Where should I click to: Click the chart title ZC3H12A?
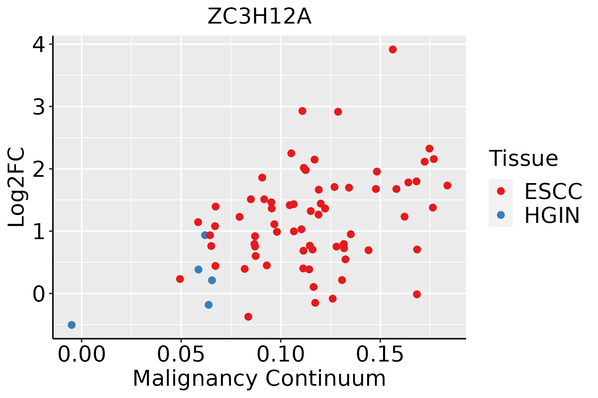[259, 17]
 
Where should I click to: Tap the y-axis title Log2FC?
[17, 187]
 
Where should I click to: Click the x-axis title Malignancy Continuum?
[259, 379]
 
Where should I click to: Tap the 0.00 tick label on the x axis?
[81, 355]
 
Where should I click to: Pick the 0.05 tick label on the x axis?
[181, 355]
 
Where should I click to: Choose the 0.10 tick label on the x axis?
[281, 355]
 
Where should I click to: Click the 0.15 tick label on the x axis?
[380, 355]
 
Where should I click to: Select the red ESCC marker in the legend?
[501, 191]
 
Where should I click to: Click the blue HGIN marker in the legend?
[501, 215]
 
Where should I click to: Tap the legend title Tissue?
[524, 159]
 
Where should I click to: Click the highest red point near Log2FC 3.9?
[393, 49]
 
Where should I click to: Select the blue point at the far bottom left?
[72, 325]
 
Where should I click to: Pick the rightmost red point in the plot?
[447, 185]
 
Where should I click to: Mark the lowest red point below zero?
[248, 317]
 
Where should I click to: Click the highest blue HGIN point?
[205, 235]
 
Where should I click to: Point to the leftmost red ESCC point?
[180, 279]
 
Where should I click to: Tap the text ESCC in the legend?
[553, 191]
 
